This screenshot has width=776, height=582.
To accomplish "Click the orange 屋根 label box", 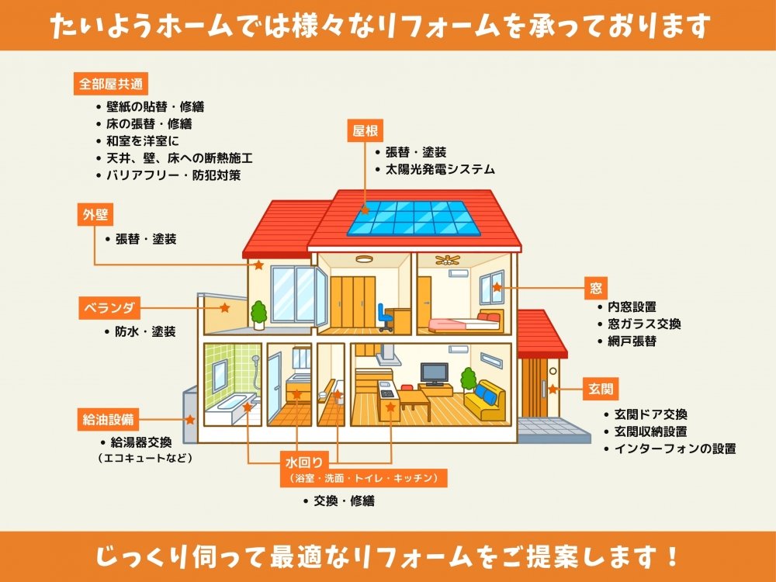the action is (365, 130).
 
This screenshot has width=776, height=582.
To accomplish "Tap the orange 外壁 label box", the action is (95, 215).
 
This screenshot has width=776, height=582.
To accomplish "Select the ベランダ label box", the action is (109, 308).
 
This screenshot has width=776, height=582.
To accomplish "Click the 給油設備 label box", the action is (109, 420).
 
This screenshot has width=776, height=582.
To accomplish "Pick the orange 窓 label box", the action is (596, 288).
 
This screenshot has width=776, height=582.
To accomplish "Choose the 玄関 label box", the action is (601, 389).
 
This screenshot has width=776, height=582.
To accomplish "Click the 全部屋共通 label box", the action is (111, 84).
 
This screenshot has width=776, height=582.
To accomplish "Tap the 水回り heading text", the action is (304, 462).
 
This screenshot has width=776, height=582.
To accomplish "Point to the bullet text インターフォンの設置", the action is (675, 449).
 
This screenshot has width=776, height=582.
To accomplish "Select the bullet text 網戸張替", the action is (632, 341).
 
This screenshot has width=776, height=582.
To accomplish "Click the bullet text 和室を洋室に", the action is (143, 141).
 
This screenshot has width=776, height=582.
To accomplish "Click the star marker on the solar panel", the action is (365, 210).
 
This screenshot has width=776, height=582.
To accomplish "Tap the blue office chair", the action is (385, 317).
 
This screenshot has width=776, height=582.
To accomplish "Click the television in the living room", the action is (434, 374).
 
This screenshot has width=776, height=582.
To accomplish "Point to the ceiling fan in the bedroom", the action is (448, 259).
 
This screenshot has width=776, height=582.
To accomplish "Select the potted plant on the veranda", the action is (258, 315).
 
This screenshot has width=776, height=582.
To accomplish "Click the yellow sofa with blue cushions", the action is (485, 400).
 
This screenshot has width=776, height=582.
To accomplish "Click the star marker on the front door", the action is (553, 389).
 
